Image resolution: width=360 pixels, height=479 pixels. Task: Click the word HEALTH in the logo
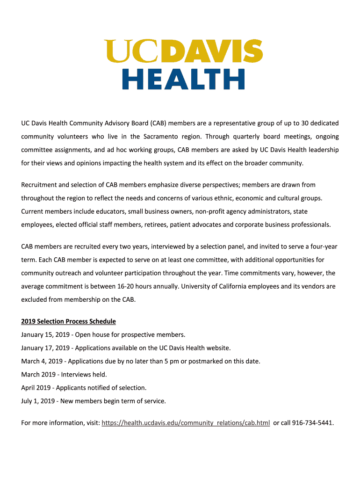[x=183, y=79]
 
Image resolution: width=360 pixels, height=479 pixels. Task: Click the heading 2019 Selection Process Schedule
[x=68, y=321]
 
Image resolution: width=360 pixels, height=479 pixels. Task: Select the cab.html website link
[x=186, y=423]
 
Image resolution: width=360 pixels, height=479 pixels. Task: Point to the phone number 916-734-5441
[x=312, y=423]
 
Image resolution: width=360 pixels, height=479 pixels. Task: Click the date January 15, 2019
[x=45, y=334]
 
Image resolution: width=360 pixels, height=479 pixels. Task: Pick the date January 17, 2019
[x=45, y=348]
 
